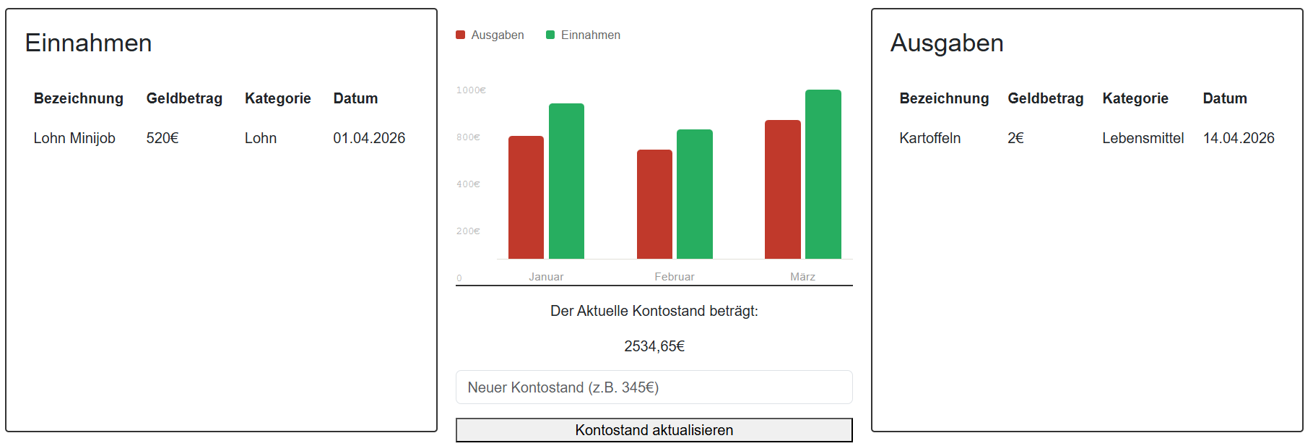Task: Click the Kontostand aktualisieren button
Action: (x=654, y=430)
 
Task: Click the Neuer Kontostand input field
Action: (x=654, y=387)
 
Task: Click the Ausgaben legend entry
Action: (x=490, y=35)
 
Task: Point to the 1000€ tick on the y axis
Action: (x=471, y=90)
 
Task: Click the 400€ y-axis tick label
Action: (x=468, y=184)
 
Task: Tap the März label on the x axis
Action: (x=802, y=277)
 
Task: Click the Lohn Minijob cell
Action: (x=74, y=138)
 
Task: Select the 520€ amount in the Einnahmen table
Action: (x=162, y=138)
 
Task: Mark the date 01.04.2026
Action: (x=369, y=138)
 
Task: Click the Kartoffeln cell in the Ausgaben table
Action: (x=929, y=138)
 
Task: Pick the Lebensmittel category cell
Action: (x=1143, y=138)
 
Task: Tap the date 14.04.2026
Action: (x=1239, y=138)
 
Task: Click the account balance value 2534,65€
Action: (x=654, y=346)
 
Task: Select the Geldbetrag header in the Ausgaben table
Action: (x=1045, y=98)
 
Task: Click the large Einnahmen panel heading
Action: (x=88, y=43)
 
